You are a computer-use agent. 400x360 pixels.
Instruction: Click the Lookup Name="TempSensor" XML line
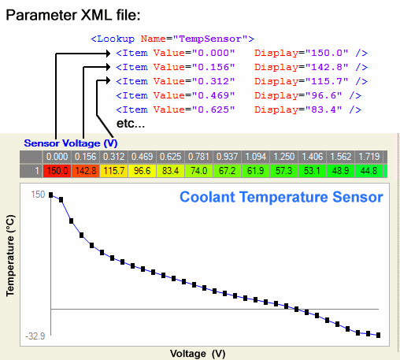(x=172, y=37)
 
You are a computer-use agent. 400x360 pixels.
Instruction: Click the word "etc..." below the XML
(x=131, y=124)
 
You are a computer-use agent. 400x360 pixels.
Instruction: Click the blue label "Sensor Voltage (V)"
(x=70, y=143)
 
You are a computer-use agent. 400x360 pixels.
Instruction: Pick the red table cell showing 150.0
(x=57, y=170)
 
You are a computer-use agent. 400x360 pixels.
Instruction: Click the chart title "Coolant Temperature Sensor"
(x=280, y=196)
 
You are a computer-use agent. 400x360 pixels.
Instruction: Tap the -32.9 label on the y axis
(x=35, y=335)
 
